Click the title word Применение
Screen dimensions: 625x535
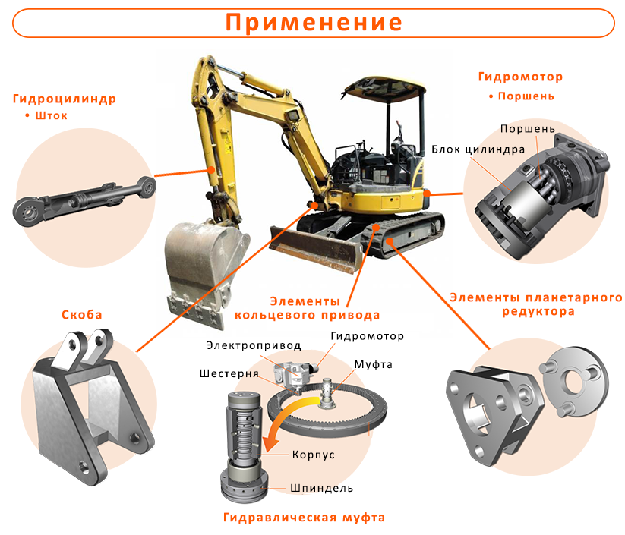pos(314,22)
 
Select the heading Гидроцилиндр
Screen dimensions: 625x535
pos(65,99)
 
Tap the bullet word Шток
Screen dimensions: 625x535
pos(52,115)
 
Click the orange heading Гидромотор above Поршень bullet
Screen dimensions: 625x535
pos(520,77)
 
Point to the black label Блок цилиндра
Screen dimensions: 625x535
pos(478,149)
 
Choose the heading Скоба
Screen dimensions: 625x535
pos(82,315)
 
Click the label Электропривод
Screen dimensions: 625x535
pos(254,345)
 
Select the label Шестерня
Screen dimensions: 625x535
pos(229,373)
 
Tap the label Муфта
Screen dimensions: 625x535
pos(373,364)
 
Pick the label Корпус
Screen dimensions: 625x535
pos(314,455)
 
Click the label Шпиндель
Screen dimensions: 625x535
pos(321,488)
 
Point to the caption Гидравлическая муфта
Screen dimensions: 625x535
pos(304,518)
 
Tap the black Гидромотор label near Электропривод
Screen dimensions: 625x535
pos(367,336)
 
